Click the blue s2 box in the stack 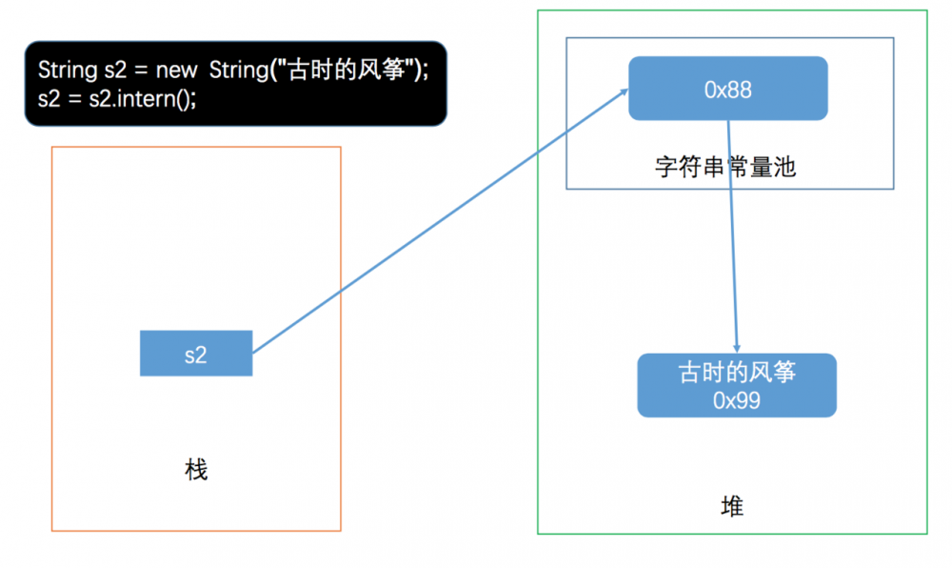tap(196, 354)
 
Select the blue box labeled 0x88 tap(727, 89)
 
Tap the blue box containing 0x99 tap(736, 386)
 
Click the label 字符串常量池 tap(725, 168)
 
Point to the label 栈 tap(196, 470)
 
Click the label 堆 tap(732, 506)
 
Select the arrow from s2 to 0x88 tap(438, 222)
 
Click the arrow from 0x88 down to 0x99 tap(732, 238)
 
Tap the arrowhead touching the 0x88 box tap(623, 91)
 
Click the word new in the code tap(177, 71)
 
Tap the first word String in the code tap(64, 71)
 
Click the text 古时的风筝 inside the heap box tap(736, 373)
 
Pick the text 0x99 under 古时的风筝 tap(736, 400)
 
